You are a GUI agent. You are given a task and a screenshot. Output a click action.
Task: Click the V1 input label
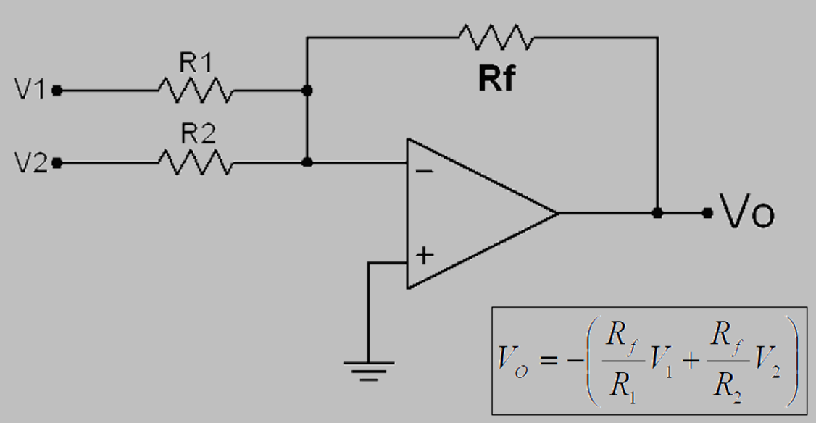pyautogui.click(x=29, y=91)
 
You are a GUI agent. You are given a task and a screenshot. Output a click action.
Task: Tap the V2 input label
pyautogui.click(x=29, y=163)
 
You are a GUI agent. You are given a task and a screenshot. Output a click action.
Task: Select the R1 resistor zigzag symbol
pyautogui.click(x=196, y=91)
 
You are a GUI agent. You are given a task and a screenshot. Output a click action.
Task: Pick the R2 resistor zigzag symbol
pyautogui.click(x=196, y=163)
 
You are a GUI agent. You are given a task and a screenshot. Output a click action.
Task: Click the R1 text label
pyautogui.click(x=196, y=64)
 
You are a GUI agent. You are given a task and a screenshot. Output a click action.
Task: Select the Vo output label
pyautogui.click(x=746, y=213)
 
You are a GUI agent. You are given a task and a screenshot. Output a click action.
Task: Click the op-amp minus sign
pyautogui.click(x=425, y=172)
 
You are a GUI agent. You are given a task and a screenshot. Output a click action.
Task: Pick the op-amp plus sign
pyautogui.click(x=425, y=255)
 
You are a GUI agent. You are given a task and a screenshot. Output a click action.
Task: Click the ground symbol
pyautogui.click(x=368, y=369)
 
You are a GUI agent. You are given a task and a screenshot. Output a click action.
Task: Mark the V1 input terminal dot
pyautogui.click(x=58, y=91)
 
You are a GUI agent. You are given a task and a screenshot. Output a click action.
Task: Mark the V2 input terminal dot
pyautogui.click(x=58, y=163)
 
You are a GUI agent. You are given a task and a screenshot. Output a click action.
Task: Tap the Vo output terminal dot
pyautogui.click(x=707, y=213)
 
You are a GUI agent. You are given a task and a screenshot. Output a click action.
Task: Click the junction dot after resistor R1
pyautogui.click(x=307, y=91)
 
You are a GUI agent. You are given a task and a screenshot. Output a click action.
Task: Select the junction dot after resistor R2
pyautogui.click(x=307, y=163)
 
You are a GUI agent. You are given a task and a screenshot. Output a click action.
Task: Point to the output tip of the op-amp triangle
pyautogui.click(x=557, y=213)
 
